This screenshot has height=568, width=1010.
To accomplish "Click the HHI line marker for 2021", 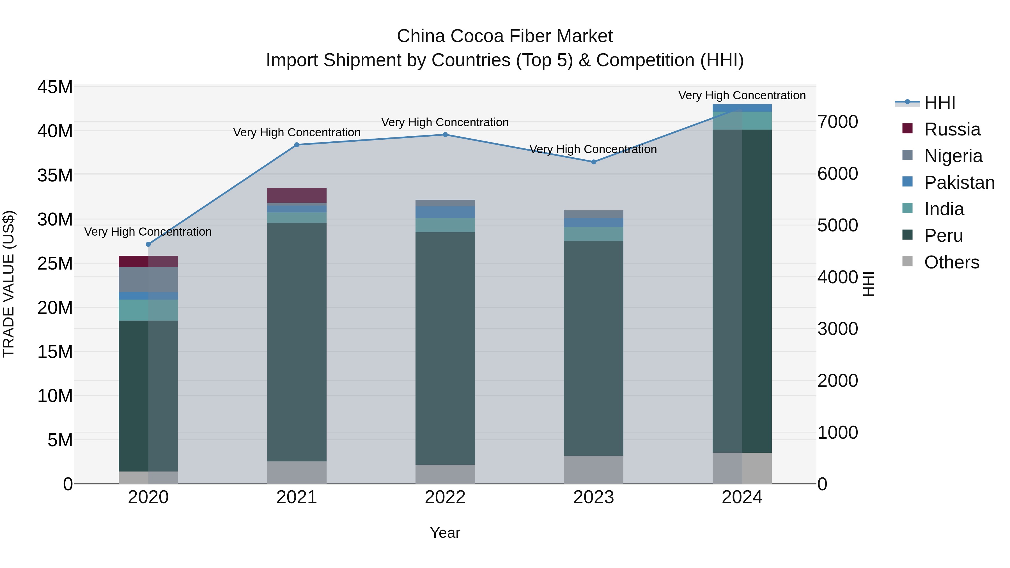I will pyautogui.click(x=297, y=145).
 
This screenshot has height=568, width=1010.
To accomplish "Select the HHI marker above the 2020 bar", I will pyautogui.click(x=148, y=244).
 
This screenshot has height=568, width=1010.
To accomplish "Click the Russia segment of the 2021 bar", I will pyautogui.click(x=297, y=195).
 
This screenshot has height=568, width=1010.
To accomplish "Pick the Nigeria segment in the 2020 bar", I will pyautogui.click(x=148, y=279).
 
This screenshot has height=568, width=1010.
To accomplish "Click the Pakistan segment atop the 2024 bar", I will pyautogui.click(x=742, y=108).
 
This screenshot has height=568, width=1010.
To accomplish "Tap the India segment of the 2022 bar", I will pyautogui.click(x=445, y=225).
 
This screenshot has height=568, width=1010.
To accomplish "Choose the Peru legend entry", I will pyautogui.click(x=943, y=236).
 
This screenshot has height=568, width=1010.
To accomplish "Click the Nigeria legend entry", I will pyautogui.click(x=953, y=156).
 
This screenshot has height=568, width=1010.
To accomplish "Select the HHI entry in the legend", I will pyautogui.click(x=939, y=103).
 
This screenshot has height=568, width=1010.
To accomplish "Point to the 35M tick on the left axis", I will pyautogui.click(x=55, y=175).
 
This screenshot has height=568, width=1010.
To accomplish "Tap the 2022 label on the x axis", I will pyautogui.click(x=445, y=497).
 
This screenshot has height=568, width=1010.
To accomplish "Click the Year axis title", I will pyautogui.click(x=445, y=533).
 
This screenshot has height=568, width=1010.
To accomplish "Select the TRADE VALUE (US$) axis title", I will pyautogui.click(x=9, y=284).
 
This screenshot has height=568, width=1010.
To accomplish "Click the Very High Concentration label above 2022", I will pyautogui.click(x=445, y=122).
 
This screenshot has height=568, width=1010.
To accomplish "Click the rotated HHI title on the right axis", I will pyautogui.click(x=868, y=284).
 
